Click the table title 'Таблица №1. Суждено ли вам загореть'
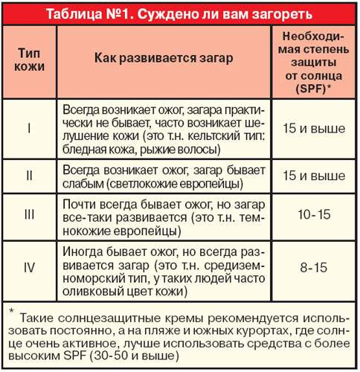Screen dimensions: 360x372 [179, 13]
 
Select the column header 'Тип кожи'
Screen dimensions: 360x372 [28, 59]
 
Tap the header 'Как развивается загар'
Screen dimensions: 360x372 [164, 59]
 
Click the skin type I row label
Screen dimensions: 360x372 [28, 128]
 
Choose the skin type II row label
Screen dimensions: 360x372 [28, 176]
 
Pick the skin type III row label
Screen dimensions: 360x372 [28, 214]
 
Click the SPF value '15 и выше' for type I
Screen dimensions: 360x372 [313, 128]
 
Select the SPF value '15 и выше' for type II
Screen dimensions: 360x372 [313, 176]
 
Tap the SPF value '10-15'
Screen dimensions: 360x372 [313, 214]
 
